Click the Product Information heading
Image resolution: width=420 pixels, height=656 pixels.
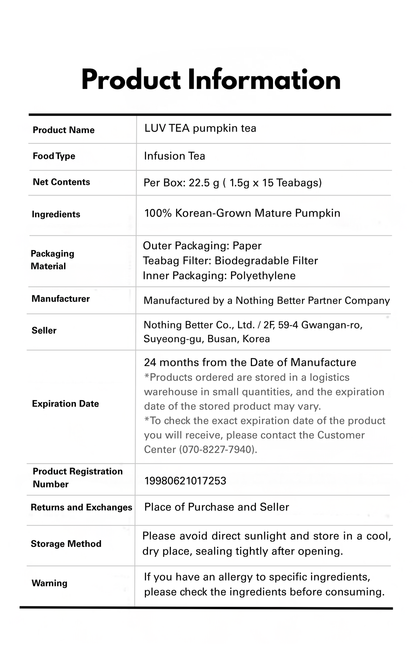tap(211, 80)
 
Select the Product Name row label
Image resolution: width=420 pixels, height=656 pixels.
tap(63, 130)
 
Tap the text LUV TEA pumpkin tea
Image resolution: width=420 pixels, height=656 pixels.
tap(200, 128)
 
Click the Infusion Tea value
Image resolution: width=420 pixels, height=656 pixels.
tap(174, 156)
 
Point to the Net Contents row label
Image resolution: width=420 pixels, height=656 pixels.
tap(61, 182)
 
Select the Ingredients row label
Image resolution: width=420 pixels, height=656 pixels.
tap(56, 214)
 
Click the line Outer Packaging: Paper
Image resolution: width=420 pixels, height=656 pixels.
tap(202, 246)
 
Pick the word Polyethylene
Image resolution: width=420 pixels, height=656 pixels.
tap(263, 276)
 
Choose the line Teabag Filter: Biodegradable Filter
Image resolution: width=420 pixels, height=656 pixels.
tap(230, 261)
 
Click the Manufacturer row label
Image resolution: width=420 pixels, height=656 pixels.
tap(61, 299)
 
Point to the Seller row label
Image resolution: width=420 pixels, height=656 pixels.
tap(44, 331)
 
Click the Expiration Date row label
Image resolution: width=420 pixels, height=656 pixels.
tap(65, 404)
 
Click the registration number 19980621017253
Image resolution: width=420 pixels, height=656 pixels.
tap(185, 481)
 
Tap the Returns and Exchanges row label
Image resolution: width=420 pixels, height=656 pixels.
tap(81, 507)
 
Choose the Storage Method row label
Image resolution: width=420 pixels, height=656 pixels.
tap(66, 544)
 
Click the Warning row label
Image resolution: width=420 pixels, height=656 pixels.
tap(49, 583)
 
